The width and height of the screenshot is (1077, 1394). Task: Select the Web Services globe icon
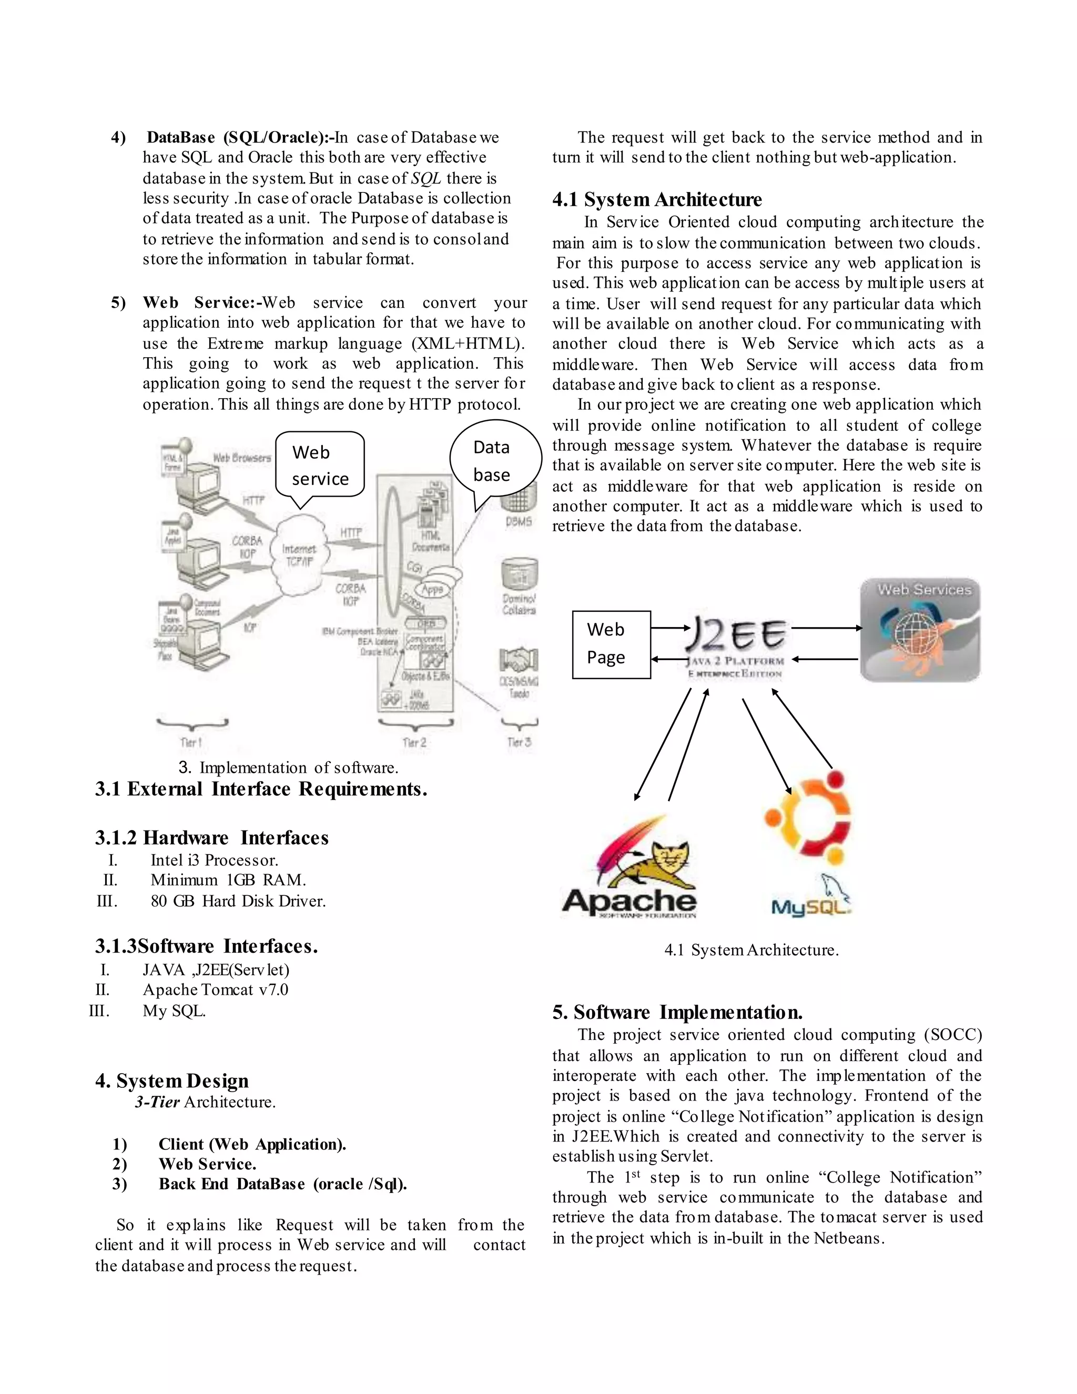pos(919,631)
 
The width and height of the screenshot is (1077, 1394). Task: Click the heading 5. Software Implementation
pos(677,1012)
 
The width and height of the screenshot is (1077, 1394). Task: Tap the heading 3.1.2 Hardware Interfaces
pos(212,837)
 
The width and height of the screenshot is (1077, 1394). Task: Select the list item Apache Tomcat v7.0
pos(215,989)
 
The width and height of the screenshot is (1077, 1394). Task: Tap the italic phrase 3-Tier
pos(157,1102)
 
